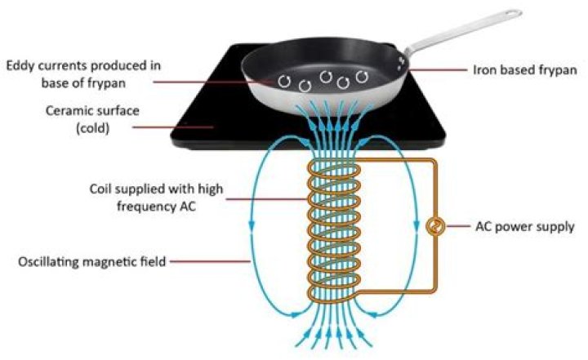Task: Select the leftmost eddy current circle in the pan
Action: (x=283, y=80)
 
